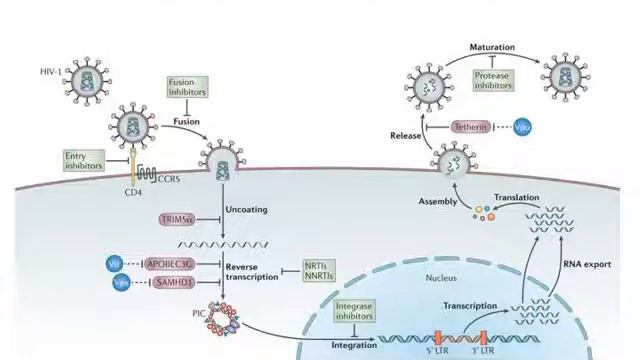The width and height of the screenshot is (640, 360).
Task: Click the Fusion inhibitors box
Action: [188, 86]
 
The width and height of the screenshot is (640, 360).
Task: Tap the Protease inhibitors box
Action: [493, 80]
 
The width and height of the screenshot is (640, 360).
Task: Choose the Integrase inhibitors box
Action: [354, 311]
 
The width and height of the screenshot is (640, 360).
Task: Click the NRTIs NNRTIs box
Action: [320, 271]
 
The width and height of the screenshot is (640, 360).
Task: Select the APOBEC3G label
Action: [173, 263]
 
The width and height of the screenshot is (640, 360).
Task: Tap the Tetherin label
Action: [470, 128]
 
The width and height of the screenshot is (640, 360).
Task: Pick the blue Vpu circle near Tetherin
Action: [522, 128]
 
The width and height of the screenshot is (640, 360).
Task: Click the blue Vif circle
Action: [114, 263]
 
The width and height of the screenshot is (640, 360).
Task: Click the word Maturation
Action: [492, 47]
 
